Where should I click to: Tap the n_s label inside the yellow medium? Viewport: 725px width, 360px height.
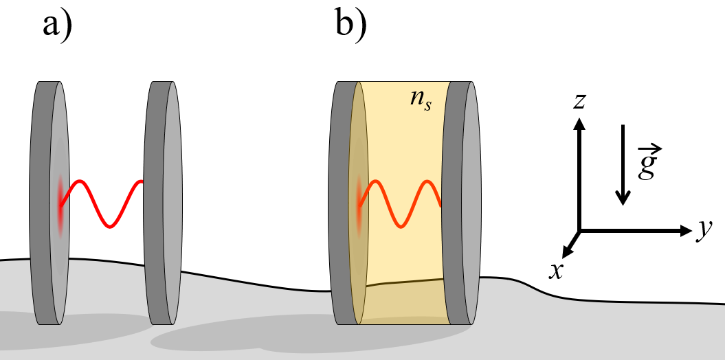point(419,103)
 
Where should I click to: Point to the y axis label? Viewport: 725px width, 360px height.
point(703,232)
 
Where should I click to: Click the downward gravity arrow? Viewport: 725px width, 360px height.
point(623,165)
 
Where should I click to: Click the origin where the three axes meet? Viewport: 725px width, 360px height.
point(580,231)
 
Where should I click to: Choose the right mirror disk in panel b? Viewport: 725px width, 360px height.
point(461,203)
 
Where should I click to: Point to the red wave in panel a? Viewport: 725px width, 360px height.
point(101,203)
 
